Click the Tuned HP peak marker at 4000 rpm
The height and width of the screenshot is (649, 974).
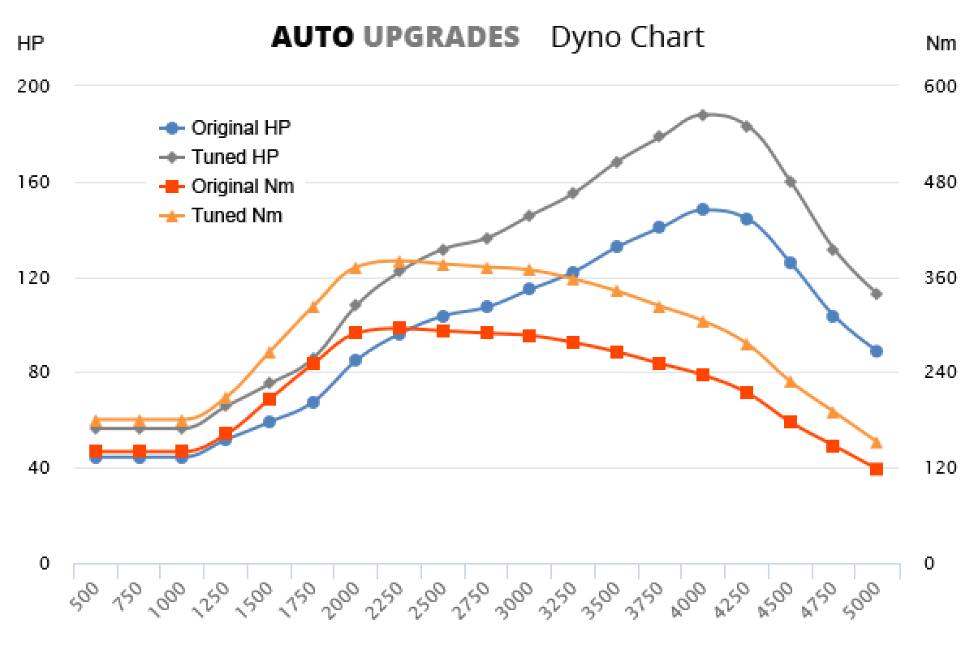pyautogui.click(x=703, y=115)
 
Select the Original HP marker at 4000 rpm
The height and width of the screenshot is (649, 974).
pyautogui.click(x=703, y=209)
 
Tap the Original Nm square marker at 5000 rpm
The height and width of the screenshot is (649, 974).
pyautogui.click(x=876, y=469)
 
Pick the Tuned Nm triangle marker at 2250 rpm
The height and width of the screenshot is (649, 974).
pyautogui.click(x=399, y=261)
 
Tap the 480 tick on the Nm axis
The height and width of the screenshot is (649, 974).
pyautogui.click(x=941, y=182)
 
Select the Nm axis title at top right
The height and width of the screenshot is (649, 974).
pyautogui.click(x=941, y=44)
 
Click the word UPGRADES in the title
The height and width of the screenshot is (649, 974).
pyautogui.click(x=441, y=37)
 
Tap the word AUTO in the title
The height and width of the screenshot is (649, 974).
pyautogui.click(x=312, y=37)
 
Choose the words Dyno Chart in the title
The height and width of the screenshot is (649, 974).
pyautogui.click(x=627, y=37)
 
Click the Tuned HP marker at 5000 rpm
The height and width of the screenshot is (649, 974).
pyautogui.click(x=876, y=294)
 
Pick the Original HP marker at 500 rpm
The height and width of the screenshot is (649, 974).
pyautogui.click(x=96, y=458)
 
